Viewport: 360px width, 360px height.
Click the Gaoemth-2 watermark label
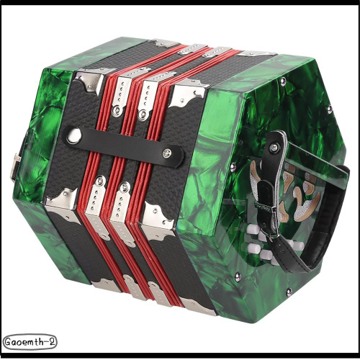pos(30,341)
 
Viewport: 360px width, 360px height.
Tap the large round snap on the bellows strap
pos(73,135)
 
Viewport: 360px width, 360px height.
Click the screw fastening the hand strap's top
pos(273,147)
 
